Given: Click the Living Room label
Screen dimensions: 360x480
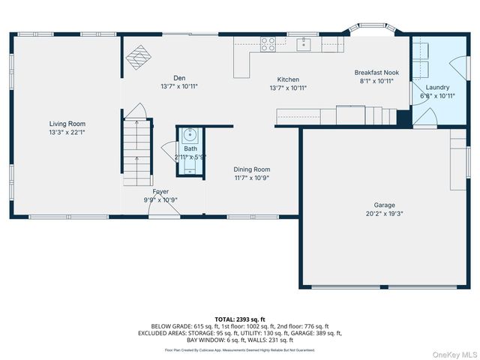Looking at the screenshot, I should tap(67, 124).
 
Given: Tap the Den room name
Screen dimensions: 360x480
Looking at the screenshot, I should tap(179, 78).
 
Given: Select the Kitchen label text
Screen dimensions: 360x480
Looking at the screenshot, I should tap(288, 79).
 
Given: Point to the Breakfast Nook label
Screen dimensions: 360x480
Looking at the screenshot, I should tap(376, 73).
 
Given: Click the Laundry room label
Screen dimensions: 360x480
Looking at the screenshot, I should tap(436, 87).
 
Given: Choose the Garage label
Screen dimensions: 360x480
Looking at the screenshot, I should tap(385, 205).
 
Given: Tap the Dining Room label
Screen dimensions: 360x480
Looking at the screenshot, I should tap(251, 169).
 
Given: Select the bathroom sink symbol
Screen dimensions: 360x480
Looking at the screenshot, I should tap(189, 137).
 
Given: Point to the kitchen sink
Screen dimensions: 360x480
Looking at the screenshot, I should tap(303, 43).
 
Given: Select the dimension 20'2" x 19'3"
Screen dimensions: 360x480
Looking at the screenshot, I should tap(385, 213).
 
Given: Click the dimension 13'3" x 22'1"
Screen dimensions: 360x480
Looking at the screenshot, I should tap(67, 133).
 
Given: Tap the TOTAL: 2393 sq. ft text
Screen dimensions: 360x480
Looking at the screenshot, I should tap(240, 319).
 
